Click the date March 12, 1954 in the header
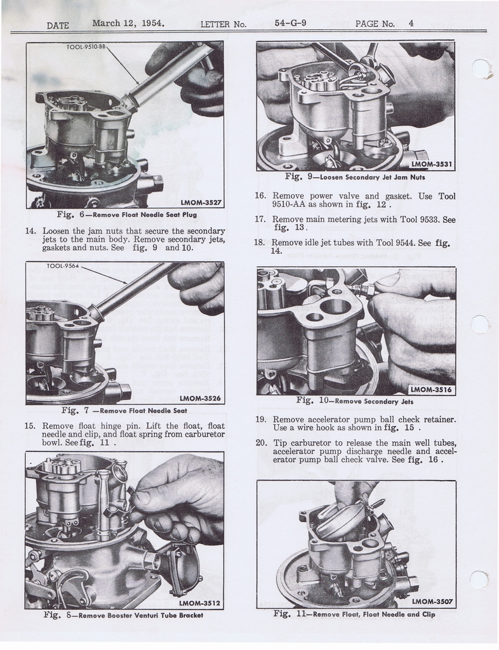click(128, 23)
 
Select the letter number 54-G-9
click(290, 23)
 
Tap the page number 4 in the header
click(411, 23)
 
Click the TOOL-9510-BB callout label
click(86, 47)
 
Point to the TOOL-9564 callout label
click(63, 266)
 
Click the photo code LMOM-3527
click(201, 202)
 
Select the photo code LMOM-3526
click(201, 399)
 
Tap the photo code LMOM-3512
click(199, 603)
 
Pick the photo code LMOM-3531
click(431, 164)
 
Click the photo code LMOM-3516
click(431, 390)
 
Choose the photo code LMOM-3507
click(432, 602)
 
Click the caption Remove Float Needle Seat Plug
click(144, 215)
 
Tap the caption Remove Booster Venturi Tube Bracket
click(140, 615)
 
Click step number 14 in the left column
click(31, 231)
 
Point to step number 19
click(260, 419)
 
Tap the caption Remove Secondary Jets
click(374, 401)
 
